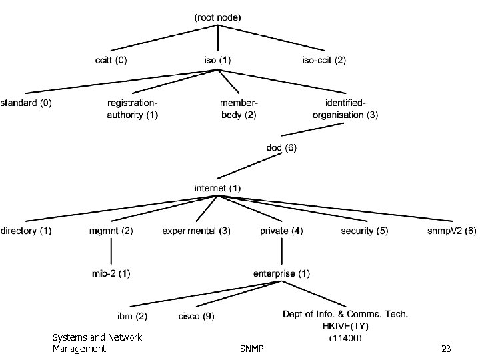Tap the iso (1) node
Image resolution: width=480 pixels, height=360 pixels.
217,60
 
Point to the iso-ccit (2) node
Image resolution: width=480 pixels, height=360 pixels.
323,60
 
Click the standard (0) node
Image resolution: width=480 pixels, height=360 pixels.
26,103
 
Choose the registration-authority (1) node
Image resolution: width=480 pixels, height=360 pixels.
133,109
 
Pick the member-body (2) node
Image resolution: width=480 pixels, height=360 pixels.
239,109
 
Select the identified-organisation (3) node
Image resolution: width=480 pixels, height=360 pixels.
345,109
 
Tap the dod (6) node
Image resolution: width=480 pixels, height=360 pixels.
281,148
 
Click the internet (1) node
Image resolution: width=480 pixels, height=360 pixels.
217,189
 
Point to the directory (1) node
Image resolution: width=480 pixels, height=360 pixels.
26,231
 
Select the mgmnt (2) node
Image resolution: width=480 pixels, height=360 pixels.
111,231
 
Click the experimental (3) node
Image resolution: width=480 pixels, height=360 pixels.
196,231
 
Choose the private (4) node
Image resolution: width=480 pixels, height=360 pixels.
281,231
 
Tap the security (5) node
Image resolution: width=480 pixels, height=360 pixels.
364,231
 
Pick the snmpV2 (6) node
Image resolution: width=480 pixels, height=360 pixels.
451,231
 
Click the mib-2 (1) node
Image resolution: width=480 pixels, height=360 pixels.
111,273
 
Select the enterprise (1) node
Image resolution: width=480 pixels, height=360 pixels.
281,273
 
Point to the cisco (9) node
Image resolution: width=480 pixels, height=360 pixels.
196,316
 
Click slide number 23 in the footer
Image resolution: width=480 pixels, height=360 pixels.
446,349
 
